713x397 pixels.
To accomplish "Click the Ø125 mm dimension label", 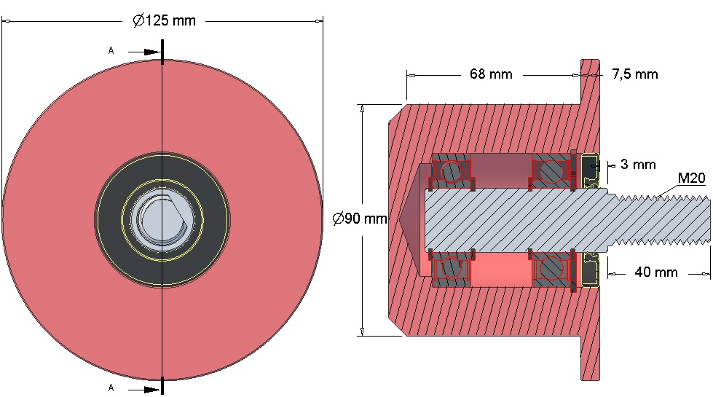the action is (x=164, y=20).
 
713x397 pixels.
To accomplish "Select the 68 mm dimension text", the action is (x=491, y=74).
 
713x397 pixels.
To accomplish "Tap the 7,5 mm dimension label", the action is (x=635, y=74).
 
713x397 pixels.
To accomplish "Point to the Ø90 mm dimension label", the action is (x=360, y=219).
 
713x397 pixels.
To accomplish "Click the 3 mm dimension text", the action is (x=638, y=164).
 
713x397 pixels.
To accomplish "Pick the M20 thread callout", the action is (x=691, y=178).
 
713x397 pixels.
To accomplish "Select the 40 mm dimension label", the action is (x=655, y=272).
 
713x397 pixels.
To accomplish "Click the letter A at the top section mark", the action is (x=111, y=51).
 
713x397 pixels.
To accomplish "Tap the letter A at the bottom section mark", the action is (x=111, y=388).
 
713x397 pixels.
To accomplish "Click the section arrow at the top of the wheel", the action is (x=145, y=52).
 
